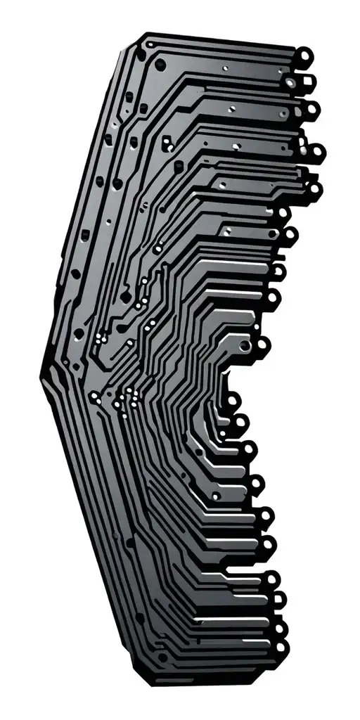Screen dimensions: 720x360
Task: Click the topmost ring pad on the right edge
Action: (x=304, y=54)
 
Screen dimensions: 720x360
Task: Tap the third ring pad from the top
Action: (x=310, y=108)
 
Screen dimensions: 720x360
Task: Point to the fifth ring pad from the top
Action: (x=314, y=188)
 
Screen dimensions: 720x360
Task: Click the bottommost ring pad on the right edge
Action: (x=281, y=646)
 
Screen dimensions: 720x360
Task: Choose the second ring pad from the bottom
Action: (x=281, y=628)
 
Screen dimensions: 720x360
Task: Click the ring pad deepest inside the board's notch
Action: (x=233, y=401)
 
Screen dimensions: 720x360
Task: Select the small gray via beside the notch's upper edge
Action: (x=243, y=347)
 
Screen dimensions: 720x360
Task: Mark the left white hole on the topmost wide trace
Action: (x=225, y=69)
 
